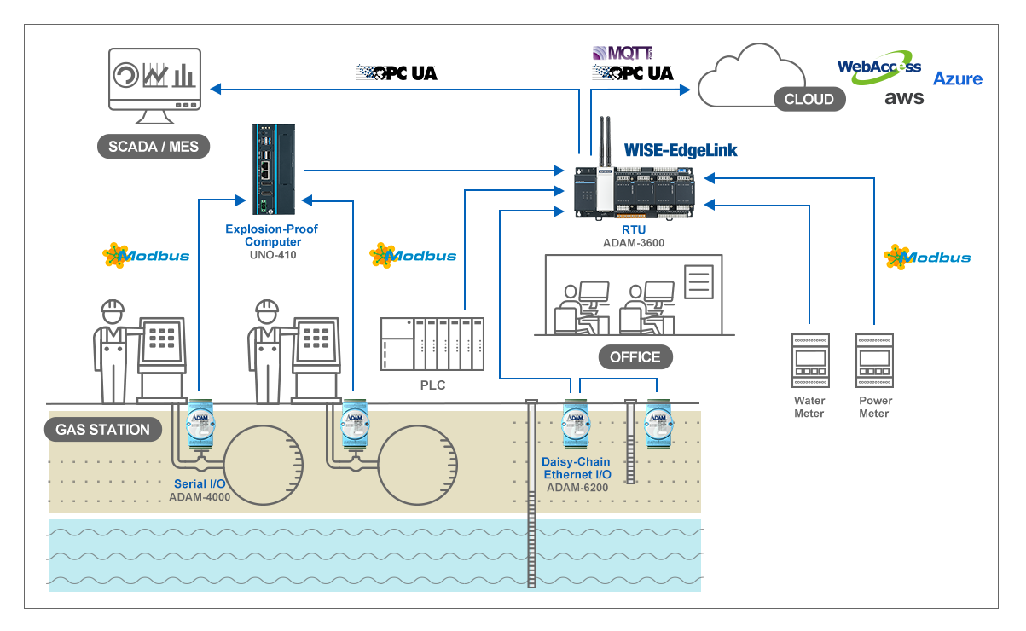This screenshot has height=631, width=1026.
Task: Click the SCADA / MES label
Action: point(154,147)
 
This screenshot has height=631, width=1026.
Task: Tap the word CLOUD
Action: point(809,100)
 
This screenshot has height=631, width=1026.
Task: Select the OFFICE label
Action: point(635,356)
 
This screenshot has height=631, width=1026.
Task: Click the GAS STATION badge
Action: point(102,430)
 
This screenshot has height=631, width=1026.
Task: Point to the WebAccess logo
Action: point(878,67)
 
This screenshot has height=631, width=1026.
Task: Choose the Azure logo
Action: point(958,78)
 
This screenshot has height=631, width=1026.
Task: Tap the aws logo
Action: point(904,99)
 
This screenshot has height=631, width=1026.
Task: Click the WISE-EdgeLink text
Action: point(681,151)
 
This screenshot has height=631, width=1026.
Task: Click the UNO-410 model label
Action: point(273,254)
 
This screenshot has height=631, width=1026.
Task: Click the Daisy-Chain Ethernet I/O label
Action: point(576,468)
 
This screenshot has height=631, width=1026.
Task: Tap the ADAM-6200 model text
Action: point(576,488)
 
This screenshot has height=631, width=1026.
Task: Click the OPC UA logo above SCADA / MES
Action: point(397,73)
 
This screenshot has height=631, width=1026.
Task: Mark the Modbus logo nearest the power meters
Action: point(927,257)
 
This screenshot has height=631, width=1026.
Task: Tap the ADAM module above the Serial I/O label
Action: point(200,423)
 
